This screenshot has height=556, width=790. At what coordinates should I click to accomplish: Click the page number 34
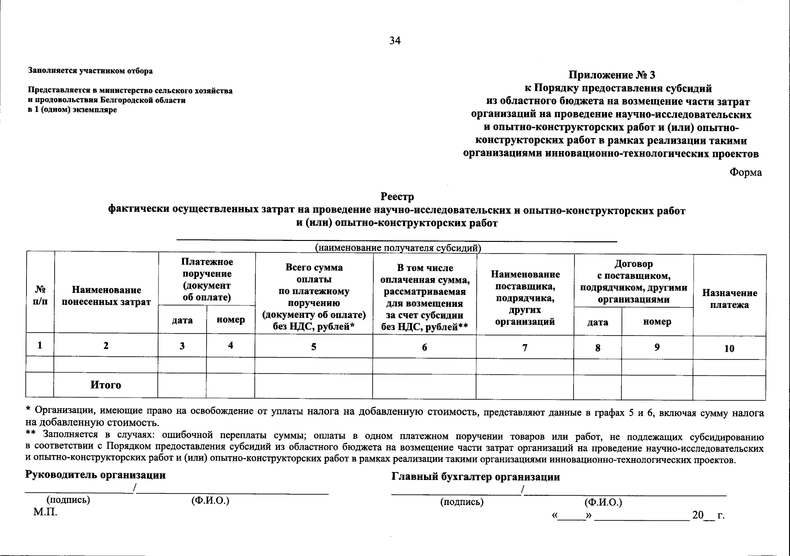pyautogui.click(x=395, y=41)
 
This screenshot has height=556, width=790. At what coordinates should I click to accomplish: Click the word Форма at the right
pyautogui.click(x=746, y=172)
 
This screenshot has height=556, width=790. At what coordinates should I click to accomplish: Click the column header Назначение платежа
pyautogui.click(x=729, y=299)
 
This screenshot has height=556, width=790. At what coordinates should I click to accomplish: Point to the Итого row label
pyautogui.click(x=106, y=385)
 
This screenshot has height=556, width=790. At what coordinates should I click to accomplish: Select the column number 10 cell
pyautogui.click(x=729, y=348)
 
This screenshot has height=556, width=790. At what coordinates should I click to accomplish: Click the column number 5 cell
pyautogui.click(x=314, y=347)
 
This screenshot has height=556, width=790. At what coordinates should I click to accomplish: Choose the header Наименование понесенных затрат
pyautogui.click(x=106, y=296)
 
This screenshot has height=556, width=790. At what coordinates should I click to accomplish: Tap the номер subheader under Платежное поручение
pyautogui.click(x=230, y=320)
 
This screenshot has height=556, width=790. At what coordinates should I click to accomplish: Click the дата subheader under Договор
pyautogui.click(x=598, y=322)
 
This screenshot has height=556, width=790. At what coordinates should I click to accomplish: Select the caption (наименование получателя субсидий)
pyautogui.click(x=398, y=248)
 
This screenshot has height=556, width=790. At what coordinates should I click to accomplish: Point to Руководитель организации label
pyautogui.click(x=95, y=475)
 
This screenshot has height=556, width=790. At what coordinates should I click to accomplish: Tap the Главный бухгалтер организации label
pyautogui.click(x=476, y=477)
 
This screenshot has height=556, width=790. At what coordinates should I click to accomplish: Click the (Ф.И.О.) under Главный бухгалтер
pyautogui.click(x=603, y=502)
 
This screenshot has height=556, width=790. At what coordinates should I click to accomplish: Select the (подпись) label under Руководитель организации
pyautogui.click(x=68, y=500)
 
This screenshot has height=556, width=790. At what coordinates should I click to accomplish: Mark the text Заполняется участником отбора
pyautogui.click(x=90, y=71)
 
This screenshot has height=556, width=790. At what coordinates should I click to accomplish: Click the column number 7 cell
pyautogui.click(x=525, y=347)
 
